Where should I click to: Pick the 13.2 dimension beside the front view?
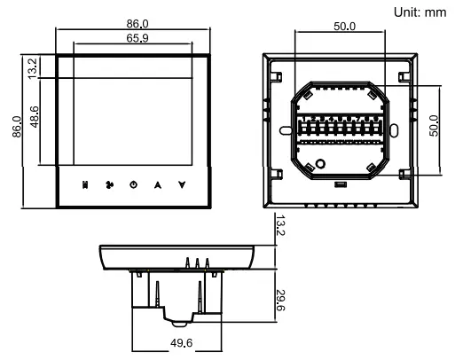pos(34,67)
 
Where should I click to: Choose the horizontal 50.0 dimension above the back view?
pos(344,26)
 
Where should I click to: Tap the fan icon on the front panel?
pos(110,186)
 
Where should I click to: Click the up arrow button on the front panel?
pos(158,186)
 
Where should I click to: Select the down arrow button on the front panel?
pos(182,186)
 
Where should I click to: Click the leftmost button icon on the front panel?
pos(86,186)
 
